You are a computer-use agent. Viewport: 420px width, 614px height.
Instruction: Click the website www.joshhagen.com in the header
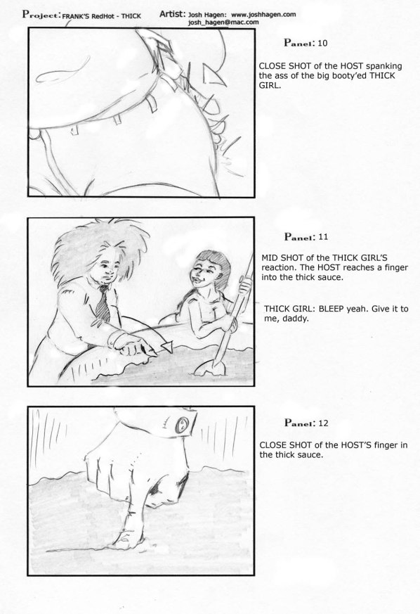263,15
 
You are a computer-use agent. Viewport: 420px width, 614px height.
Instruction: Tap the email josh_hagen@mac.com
223,23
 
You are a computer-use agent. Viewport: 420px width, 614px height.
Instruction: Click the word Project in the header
41,15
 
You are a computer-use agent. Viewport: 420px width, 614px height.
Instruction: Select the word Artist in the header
172,14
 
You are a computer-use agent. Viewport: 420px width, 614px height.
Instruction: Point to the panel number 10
322,43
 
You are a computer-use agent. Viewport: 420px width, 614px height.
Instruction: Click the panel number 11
322,237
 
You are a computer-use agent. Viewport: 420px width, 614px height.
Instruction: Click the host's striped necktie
104,302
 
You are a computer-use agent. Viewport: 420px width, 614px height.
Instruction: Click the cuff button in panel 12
182,424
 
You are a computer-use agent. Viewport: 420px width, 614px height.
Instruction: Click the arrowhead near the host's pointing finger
167,346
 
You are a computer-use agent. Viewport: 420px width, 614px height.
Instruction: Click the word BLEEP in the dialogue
332,309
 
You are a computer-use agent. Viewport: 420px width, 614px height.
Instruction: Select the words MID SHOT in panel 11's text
281,257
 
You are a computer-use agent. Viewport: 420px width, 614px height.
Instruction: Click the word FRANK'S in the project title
76,16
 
